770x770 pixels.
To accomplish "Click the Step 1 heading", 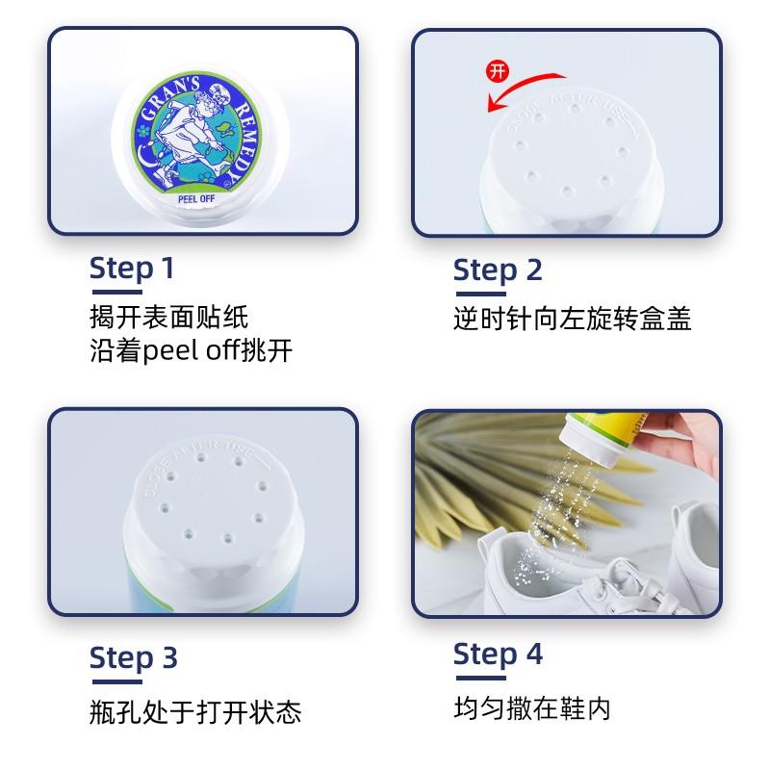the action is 132,269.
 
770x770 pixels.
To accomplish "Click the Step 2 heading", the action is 498,271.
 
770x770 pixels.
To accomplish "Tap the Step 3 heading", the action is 133,658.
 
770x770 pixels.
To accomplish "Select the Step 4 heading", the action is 498,655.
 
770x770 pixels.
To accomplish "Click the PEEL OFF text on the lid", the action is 196,199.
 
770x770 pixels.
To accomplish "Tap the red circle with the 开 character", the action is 497,71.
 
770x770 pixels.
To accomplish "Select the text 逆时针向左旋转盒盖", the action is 572,319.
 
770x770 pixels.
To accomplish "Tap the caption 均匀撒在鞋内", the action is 532,708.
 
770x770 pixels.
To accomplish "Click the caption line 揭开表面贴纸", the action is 169,317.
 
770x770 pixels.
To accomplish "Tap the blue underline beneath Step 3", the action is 116,681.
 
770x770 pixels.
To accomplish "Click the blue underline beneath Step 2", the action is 480,294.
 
